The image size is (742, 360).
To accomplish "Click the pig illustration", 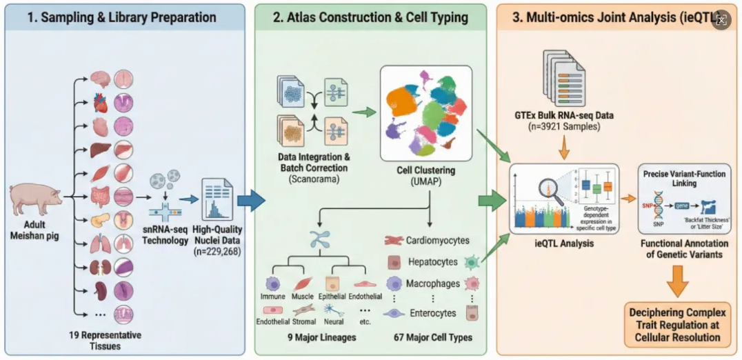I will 35,198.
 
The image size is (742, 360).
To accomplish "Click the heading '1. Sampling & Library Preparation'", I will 122,17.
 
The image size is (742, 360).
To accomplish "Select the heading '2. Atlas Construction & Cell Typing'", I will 370,17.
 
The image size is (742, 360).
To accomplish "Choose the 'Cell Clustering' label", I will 428,170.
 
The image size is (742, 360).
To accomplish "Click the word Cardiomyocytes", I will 438,241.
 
